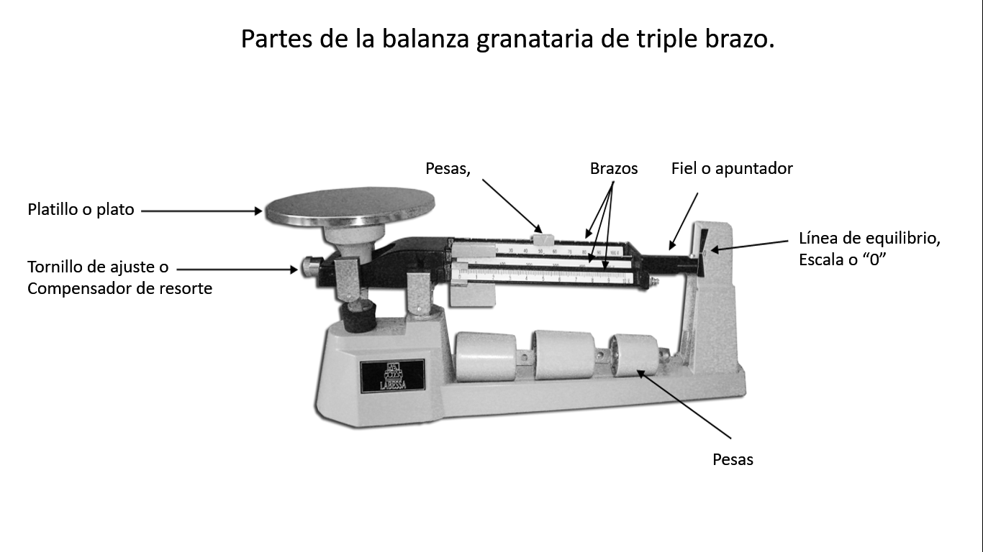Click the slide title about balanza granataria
pos(507,38)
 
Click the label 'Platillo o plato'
pos(81,210)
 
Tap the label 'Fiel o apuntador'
pos(731,168)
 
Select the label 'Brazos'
pos(613,168)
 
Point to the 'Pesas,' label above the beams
pos(448,168)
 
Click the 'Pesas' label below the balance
pos(733,459)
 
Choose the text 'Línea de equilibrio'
pos(869,239)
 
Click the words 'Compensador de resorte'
pos(119,288)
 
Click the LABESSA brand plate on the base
pos(392,376)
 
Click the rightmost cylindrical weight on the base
pos(633,354)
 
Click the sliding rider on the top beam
pos(540,237)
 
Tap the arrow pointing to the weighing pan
pos(201,211)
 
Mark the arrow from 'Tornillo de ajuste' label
pos(237,269)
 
